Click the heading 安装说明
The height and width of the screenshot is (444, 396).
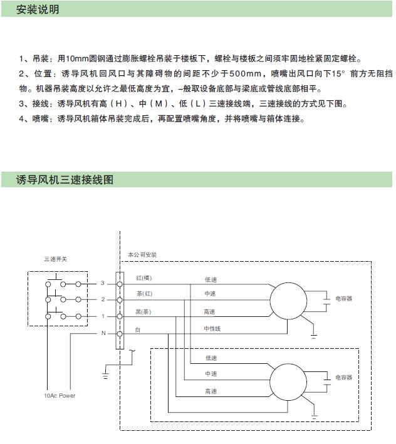click(x=38, y=10)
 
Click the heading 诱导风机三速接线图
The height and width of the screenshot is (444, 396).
click(x=65, y=179)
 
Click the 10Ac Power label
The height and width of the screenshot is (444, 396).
click(x=60, y=396)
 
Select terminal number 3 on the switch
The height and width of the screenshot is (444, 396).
click(x=103, y=284)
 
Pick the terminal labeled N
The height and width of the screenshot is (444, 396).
click(x=103, y=333)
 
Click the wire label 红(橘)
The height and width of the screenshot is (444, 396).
click(x=144, y=277)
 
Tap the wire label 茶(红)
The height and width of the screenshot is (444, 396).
click(x=144, y=294)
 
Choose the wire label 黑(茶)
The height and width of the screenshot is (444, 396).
click(x=144, y=311)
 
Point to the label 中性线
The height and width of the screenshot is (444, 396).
click(x=212, y=328)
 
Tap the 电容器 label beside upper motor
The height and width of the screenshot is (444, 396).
click(x=344, y=299)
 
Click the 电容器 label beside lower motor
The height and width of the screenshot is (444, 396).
click(x=344, y=378)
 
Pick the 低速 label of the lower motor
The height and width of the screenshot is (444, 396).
click(x=211, y=358)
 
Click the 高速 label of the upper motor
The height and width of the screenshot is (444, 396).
click(x=209, y=311)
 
